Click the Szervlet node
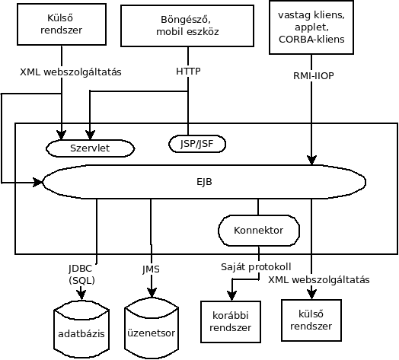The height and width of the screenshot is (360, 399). (91, 148)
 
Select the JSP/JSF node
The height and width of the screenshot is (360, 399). (197, 144)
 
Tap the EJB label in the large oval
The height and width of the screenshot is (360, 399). (204, 182)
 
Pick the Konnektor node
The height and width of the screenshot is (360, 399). (259, 231)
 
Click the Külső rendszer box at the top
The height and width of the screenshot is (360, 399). (62, 24)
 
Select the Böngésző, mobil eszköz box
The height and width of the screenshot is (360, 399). (187, 26)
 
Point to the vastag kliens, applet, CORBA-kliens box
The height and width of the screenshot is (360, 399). (311, 27)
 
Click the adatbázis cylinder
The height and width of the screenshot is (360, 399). (81, 330)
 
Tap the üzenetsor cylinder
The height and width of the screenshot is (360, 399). (152, 328)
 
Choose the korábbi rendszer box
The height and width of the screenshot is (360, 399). (231, 322)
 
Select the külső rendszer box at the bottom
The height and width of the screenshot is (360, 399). (311, 320)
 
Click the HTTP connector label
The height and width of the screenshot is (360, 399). (188, 72)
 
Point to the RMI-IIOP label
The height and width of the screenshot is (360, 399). (314, 76)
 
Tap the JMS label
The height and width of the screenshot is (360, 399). (152, 269)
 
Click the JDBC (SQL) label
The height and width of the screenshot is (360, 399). (81, 275)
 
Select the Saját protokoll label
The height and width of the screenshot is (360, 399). (256, 267)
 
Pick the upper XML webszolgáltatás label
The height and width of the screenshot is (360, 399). (71, 72)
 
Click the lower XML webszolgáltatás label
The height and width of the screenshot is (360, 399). (319, 280)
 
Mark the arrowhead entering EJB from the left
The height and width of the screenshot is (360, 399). (38, 182)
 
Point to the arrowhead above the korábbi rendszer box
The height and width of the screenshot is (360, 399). (231, 296)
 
